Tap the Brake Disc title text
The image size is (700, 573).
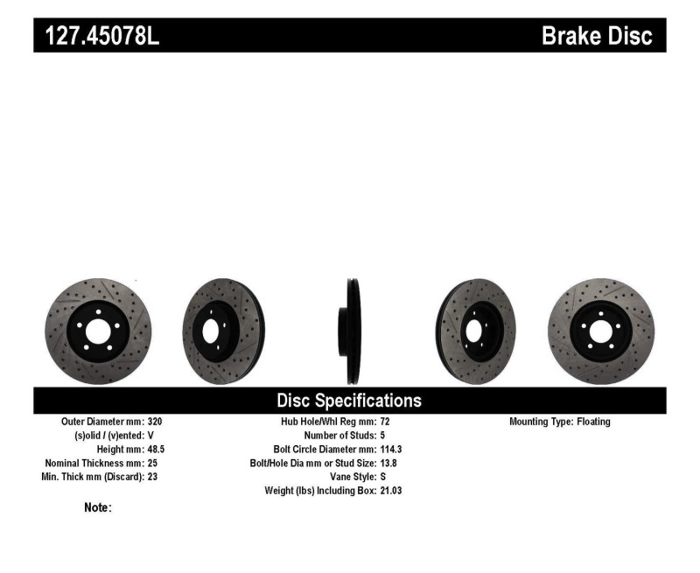point(597,36)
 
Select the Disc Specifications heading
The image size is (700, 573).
point(349,401)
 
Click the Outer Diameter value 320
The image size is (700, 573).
point(155,422)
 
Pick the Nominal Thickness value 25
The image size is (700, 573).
point(153,463)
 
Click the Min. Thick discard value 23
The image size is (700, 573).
point(153,477)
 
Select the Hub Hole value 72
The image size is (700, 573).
point(386,422)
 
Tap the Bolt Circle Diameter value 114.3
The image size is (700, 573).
point(392,449)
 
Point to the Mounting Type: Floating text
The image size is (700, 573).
point(560,422)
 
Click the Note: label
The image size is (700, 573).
point(97,507)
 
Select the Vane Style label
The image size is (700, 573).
point(352,477)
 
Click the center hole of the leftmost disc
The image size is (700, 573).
point(97,331)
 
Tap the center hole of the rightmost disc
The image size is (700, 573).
point(600,331)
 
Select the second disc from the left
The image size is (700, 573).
point(222,331)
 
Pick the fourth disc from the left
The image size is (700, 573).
point(476,331)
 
